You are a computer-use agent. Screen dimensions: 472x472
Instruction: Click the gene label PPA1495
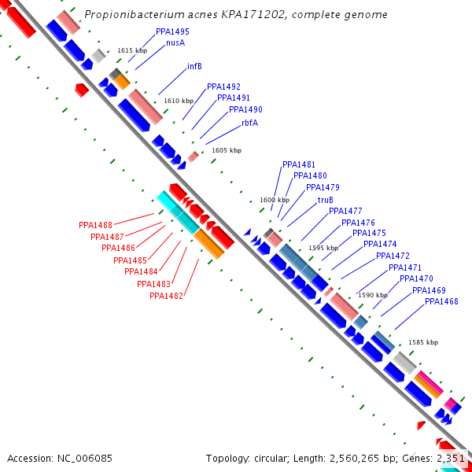[x=172, y=31]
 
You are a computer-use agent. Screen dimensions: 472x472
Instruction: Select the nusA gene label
[x=175, y=43]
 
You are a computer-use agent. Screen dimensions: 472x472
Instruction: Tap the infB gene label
[x=194, y=67]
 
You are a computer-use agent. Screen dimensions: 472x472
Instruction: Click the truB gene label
[x=326, y=200]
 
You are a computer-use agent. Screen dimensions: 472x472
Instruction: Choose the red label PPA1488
[x=95, y=225]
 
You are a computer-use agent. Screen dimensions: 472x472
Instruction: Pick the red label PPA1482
[x=166, y=296]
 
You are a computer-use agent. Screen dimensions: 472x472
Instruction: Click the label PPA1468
[x=441, y=301]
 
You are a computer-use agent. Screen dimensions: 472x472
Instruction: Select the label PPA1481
[x=299, y=164]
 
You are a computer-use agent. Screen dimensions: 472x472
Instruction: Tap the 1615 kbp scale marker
[x=132, y=50]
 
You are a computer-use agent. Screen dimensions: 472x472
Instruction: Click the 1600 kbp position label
[x=275, y=200]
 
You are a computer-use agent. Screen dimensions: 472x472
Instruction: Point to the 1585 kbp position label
[x=423, y=343]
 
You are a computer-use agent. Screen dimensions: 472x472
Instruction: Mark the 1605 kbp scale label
[x=227, y=150]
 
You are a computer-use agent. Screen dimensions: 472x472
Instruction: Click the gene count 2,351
[x=451, y=458]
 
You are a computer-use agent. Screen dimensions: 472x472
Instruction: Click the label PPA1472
[x=393, y=256]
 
